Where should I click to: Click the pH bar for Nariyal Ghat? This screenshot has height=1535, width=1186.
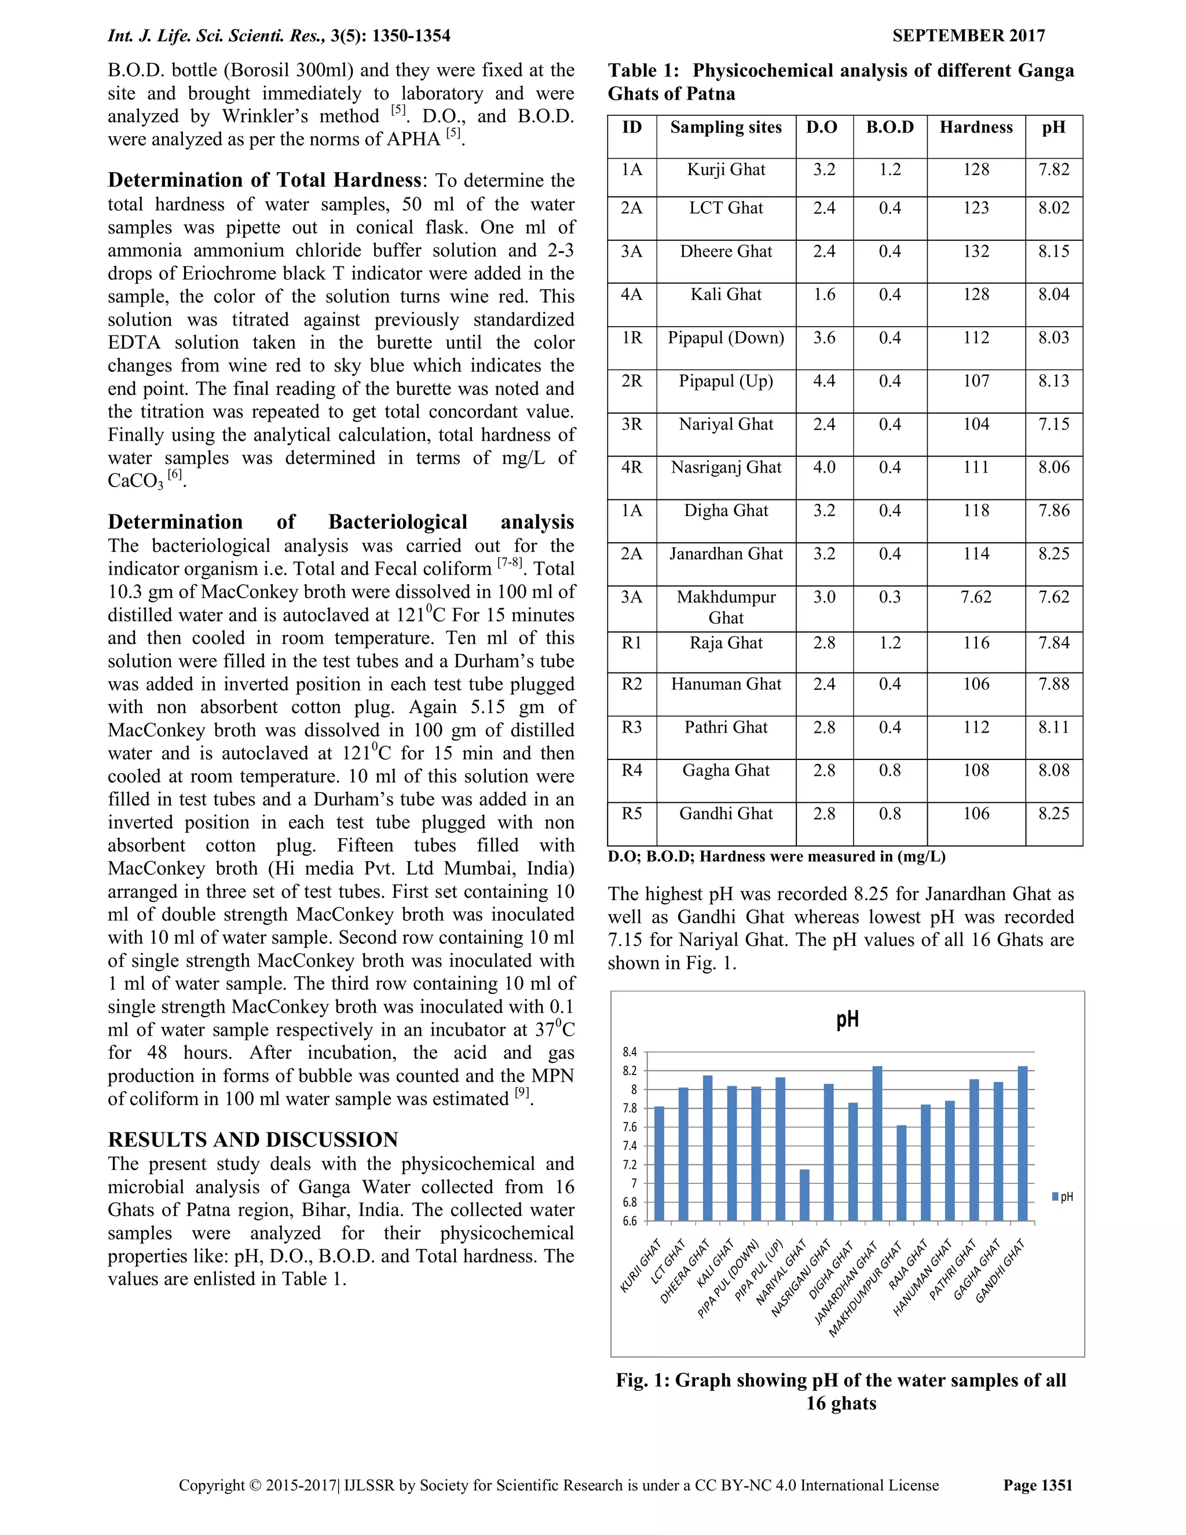click(804, 1194)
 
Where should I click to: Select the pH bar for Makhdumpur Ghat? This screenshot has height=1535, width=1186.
click(902, 1172)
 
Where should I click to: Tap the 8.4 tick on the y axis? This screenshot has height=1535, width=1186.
click(629, 1052)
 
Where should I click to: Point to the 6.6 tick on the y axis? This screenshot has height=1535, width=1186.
click(629, 1221)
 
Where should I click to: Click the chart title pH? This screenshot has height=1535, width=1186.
click(847, 1020)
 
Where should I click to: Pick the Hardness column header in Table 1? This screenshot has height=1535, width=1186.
click(976, 127)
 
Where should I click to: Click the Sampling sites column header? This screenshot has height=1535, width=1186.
click(726, 127)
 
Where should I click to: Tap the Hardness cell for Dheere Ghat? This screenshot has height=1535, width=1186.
click(976, 251)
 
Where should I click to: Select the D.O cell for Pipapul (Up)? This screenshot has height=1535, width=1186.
click(824, 381)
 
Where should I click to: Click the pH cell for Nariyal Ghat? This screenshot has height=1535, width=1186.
click(1054, 425)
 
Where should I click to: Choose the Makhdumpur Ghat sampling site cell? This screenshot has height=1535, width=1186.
click(726, 607)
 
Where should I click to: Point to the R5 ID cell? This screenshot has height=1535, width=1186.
click(632, 813)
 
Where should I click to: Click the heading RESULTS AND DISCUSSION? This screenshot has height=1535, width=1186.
click(253, 1139)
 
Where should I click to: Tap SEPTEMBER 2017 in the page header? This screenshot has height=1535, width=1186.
click(968, 36)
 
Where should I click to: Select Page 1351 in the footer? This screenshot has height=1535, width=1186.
click(1038, 1485)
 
